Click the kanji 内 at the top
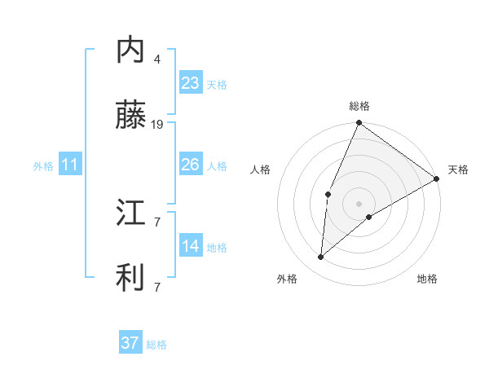click(x=130, y=51)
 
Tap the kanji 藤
click(x=130, y=117)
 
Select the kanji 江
click(x=130, y=214)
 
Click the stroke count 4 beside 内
click(x=157, y=59)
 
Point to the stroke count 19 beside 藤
click(x=157, y=125)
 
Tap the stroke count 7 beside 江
click(x=157, y=221)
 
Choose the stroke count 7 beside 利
click(x=157, y=287)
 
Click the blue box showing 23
click(x=191, y=83)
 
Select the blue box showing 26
click(x=191, y=165)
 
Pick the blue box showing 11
click(x=70, y=165)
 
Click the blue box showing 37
click(x=130, y=343)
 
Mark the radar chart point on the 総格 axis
click(x=359, y=124)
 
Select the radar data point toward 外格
click(x=321, y=258)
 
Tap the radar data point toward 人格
click(x=328, y=194)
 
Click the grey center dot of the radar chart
click(x=359, y=203)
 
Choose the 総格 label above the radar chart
click(x=359, y=106)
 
